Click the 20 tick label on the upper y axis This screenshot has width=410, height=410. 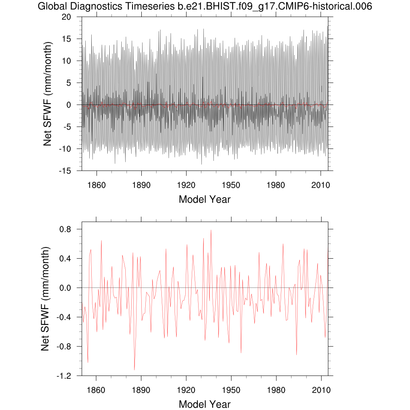click(66, 17)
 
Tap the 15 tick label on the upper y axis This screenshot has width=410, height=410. click(66, 39)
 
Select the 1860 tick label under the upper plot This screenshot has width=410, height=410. click(96, 185)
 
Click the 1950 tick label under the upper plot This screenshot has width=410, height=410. click(231, 185)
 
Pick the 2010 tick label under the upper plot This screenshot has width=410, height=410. click(320, 185)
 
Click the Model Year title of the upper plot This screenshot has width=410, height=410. click(205, 199)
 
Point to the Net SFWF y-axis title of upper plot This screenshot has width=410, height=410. click(48, 94)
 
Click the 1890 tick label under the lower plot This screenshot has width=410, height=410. click(141, 390)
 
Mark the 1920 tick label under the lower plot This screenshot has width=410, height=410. click(186, 390)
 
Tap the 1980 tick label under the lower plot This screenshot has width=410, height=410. click(275, 390)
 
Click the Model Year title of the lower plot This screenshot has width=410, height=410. click(205, 404)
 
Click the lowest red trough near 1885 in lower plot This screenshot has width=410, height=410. click(135, 370)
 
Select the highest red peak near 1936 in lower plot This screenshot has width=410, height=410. click(211, 230)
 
